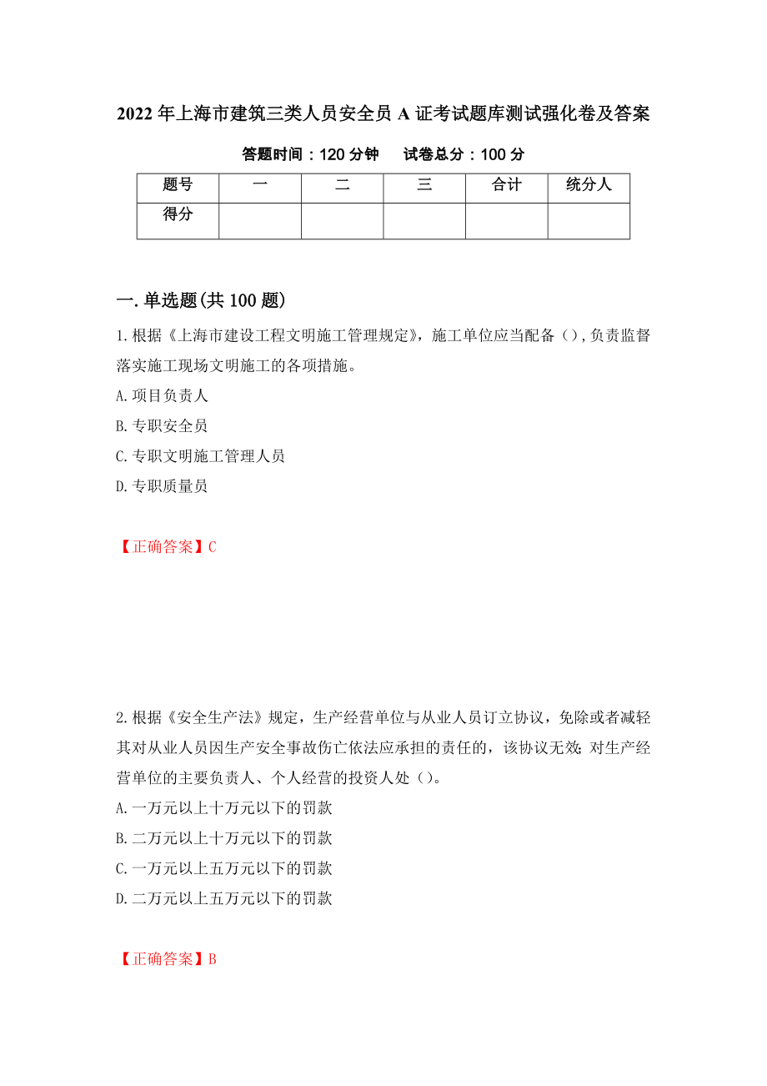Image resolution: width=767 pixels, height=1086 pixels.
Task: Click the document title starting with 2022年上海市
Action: click(383, 114)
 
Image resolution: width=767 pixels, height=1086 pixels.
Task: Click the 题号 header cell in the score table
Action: click(178, 186)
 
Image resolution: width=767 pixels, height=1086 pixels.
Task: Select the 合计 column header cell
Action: click(506, 186)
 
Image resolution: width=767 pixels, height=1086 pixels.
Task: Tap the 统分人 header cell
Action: click(589, 186)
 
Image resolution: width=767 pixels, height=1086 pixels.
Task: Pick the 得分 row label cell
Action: click(178, 215)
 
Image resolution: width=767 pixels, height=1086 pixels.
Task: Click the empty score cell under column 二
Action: click(342, 221)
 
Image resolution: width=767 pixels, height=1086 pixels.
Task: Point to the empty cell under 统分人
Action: click(589, 221)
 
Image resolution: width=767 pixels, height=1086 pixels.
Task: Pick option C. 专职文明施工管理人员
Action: click(201, 455)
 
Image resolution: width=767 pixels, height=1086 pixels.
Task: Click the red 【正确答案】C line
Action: click(168, 546)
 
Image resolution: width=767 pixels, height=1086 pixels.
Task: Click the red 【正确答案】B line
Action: click(168, 959)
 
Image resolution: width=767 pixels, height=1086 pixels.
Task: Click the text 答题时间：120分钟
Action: click(310, 154)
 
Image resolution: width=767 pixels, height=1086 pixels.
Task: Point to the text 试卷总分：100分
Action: click(464, 154)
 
